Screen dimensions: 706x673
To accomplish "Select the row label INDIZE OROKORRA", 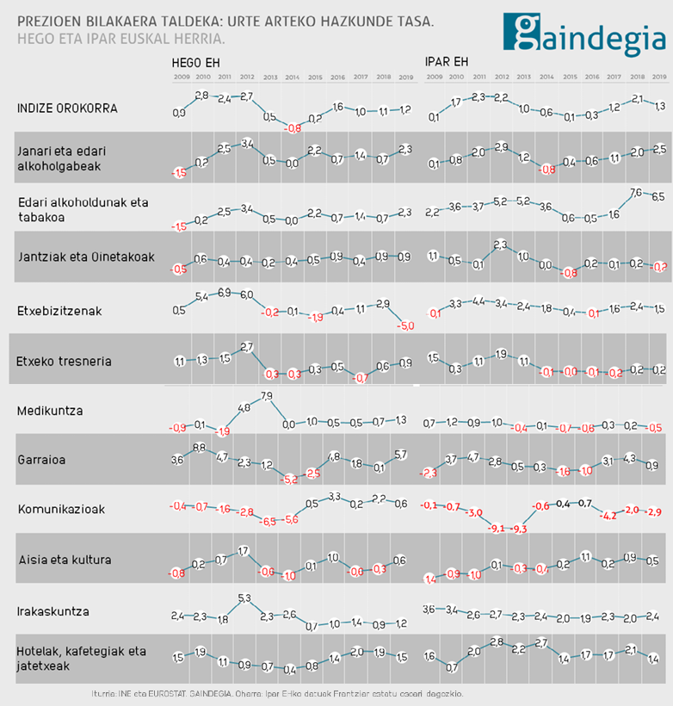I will tap(68, 108).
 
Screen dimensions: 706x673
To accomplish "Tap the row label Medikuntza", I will tap(50, 411).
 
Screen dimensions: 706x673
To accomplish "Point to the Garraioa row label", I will tap(42, 460).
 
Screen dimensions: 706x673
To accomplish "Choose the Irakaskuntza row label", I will tap(53, 612).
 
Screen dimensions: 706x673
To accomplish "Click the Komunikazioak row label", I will tap(61, 509).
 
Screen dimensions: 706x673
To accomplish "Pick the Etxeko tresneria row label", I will tap(64, 361).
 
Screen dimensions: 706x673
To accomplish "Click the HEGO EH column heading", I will tap(195, 63).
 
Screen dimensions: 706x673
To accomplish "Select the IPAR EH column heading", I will tap(446, 63).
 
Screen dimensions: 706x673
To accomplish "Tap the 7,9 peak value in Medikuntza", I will tap(266, 397).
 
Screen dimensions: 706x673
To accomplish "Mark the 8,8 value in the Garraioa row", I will tap(200, 447).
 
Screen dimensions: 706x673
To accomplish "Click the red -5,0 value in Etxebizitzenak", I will tap(406, 326).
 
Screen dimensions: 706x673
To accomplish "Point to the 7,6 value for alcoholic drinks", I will tap(637, 193).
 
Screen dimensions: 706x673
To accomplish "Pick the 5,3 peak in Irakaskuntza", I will tap(244, 598).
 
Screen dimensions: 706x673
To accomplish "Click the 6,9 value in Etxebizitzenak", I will tap(223, 293).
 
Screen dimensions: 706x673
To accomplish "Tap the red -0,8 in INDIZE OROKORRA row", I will tap(293, 128).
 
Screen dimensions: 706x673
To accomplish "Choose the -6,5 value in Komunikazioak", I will tap(269, 522).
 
